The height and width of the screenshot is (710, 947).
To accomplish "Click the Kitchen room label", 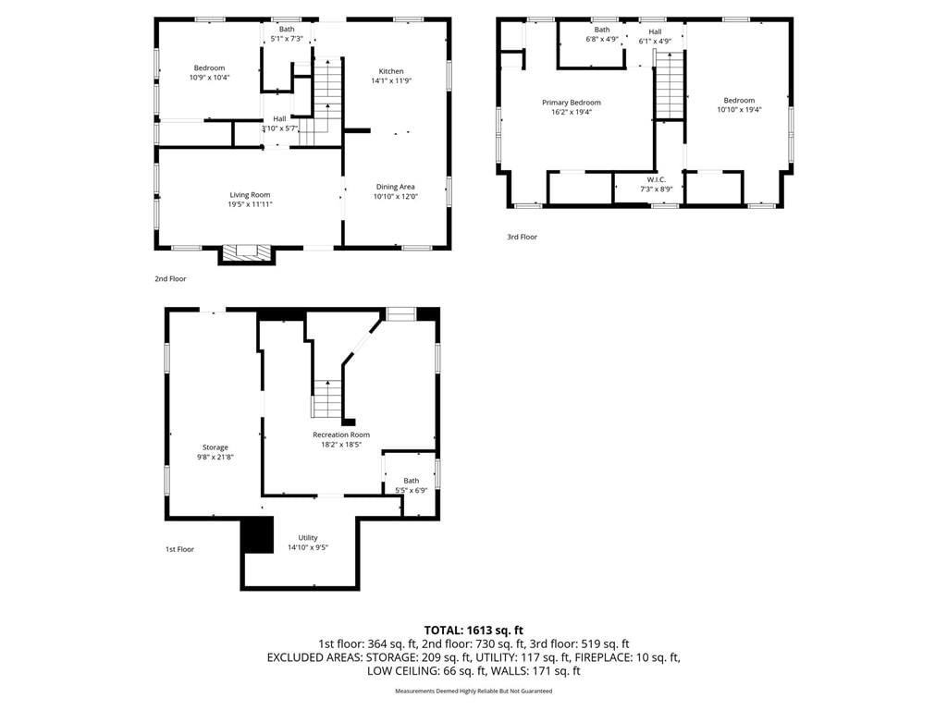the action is point(391,71).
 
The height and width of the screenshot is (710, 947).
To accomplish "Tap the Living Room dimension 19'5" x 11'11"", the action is point(250,204).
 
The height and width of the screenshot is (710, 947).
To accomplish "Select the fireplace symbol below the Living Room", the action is point(246,253).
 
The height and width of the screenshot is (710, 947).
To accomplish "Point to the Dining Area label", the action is point(395,187).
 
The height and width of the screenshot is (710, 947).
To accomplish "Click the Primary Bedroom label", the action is point(572,103).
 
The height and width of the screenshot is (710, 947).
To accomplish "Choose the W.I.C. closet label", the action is point(657,180).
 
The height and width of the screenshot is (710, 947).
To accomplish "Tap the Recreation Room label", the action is point(341,435).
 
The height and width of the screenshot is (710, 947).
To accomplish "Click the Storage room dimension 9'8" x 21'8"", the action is point(215,457).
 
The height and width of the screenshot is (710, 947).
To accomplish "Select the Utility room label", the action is point(307,538).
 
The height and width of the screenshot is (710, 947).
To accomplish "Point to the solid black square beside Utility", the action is point(257,535).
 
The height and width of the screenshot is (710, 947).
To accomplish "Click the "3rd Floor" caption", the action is point(522,238).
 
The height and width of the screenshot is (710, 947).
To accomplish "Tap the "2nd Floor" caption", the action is point(170,279).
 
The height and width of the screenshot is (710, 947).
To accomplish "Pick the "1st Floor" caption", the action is point(180,549).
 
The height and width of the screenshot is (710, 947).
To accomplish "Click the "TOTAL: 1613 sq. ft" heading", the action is point(473,630).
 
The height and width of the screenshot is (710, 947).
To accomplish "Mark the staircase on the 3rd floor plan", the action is point(670,85).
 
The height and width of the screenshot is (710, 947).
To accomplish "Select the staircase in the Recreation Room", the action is point(326,398).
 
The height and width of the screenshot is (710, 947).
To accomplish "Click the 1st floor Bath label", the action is point(412,481).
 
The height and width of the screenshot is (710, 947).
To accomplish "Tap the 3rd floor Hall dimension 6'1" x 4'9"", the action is point(656,42).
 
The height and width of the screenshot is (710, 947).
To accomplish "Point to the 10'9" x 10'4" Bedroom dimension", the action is point(210,78).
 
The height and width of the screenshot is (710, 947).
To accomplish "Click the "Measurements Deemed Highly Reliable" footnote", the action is point(473,692).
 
